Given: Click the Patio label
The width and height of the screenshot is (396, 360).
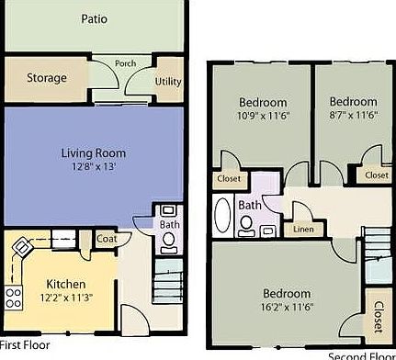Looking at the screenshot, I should [93, 18].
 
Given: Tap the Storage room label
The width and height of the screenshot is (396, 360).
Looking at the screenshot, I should [46, 78].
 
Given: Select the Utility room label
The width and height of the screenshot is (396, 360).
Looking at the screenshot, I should [169, 83].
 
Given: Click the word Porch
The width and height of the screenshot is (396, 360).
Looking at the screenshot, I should [126, 64].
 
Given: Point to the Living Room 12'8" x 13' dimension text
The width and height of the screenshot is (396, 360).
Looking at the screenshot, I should [94, 168].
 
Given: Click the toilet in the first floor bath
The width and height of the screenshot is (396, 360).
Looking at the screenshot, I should [168, 241].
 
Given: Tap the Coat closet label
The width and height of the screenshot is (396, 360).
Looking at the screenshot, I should [107, 240].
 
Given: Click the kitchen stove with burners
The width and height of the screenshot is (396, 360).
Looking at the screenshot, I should [14, 297].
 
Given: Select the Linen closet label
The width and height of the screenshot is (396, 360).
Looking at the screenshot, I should [302, 229].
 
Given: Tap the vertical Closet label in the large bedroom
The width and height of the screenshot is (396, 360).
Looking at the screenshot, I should [378, 316].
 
